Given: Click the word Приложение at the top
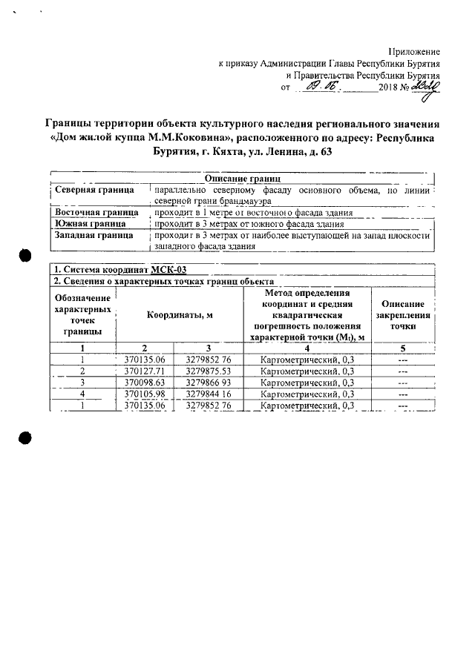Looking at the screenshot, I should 415,51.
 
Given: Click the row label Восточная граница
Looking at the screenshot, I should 96,212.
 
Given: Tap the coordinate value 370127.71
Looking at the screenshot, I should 145,371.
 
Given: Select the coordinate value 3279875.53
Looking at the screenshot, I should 210,371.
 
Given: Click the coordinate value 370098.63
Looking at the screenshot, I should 145,383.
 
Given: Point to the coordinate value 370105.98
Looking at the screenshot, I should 145,394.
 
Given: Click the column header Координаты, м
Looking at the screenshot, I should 180,314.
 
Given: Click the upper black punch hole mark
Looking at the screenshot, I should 24,255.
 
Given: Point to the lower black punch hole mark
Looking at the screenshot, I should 24,437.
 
